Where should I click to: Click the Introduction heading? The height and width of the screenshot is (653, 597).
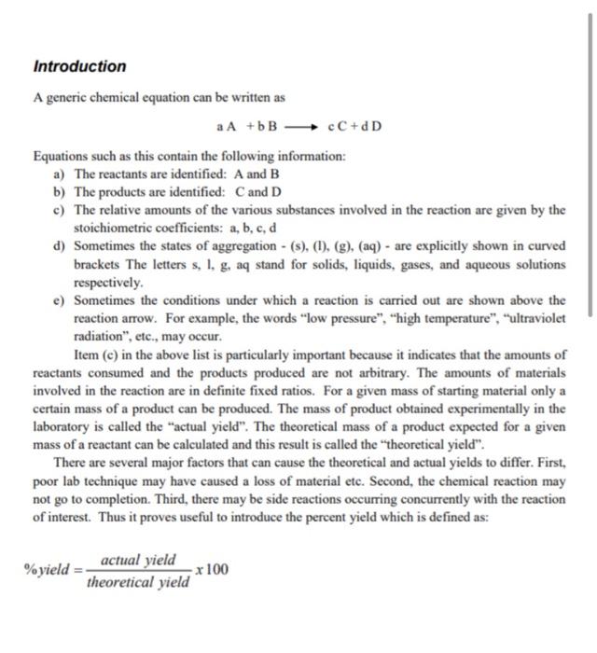79,66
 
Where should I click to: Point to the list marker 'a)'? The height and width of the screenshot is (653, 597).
62,174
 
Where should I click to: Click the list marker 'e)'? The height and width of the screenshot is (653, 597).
62,300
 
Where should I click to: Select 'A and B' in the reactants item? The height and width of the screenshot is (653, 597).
242,174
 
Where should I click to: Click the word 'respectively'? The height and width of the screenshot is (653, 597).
108,282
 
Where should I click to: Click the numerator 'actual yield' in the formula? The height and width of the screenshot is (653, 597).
138,560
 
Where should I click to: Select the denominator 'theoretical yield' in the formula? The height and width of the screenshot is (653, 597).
138,582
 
